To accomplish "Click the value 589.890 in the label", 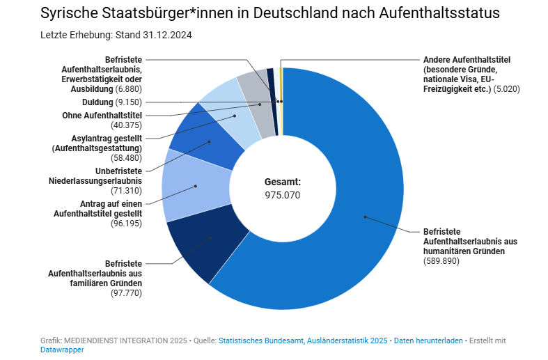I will coord(441,260).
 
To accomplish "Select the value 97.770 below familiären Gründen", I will coord(126,293).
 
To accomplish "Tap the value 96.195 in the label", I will coord(126,223).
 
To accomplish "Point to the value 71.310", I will coord(126,189).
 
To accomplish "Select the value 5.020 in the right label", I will coord(506,89).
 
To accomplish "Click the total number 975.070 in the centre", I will coord(283,196).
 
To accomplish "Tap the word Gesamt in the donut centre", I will coord(282,182).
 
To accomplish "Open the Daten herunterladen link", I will coord(428,341).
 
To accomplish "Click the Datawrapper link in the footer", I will coord(63,350).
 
